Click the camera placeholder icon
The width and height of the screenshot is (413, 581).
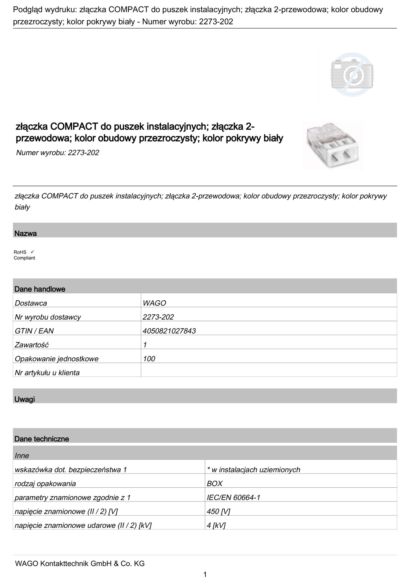click(352, 74)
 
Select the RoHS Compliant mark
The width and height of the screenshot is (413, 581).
click(24, 255)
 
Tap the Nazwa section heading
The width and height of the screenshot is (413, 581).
click(26, 233)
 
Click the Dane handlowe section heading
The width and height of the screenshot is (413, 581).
click(40, 289)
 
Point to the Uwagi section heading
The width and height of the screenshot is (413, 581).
click(25, 399)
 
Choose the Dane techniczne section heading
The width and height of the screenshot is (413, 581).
click(42, 439)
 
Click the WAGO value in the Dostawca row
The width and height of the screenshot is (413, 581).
click(155, 303)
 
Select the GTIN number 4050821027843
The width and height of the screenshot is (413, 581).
click(169, 331)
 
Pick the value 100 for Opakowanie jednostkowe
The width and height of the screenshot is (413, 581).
click(149, 359)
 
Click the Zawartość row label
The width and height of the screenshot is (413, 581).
click(32, 345)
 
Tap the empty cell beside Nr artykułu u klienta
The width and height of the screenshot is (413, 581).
click(268, 373)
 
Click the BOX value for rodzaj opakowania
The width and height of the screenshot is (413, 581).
click(214, 483)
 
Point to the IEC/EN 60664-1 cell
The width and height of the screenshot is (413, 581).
click(233, 497)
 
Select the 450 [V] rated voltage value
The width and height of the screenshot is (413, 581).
click(218, 511)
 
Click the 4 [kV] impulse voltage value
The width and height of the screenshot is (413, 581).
click(216, 525)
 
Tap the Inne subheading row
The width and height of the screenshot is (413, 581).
click(22, 455)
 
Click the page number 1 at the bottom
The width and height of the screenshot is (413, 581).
click(205, 574)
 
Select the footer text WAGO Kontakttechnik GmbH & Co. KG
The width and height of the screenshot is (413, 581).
click(80, 564)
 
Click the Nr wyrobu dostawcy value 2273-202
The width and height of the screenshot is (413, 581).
click(159, 317)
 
